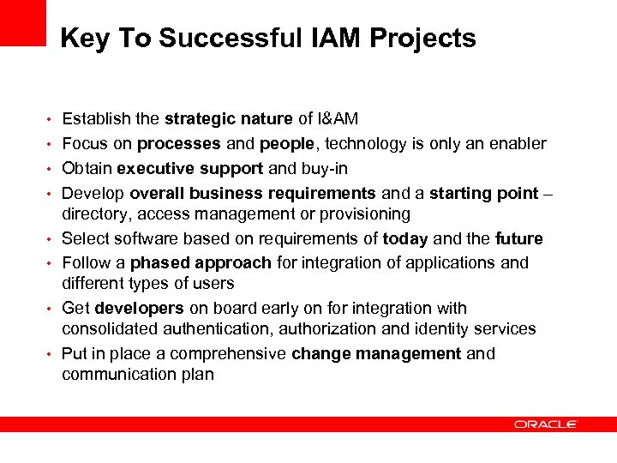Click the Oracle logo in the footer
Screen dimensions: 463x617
pyautogui.click(x=546, y=424)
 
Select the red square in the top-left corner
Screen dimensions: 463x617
pyautogui.click(x=22, y=22)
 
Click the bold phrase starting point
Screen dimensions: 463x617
pyautogui.click(x=484, y=194)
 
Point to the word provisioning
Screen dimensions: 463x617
pyautogui.click(x=365, y=213)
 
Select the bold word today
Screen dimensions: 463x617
pyautogui.click(x=405, y=239)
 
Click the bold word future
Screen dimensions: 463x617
pyautogui.click(x=518, y=239)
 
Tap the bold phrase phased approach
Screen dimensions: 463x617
pyautogui.click(x=201, y=262)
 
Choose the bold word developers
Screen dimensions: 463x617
pyautogui.click(x=140, y=309)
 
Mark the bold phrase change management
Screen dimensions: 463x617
pyautogui.click(x=376, y=354)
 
